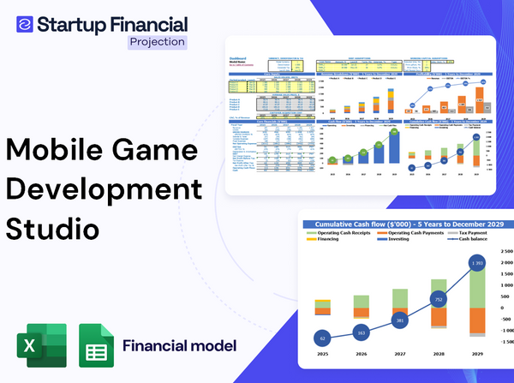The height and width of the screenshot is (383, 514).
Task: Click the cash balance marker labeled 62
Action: [x=321, y=338]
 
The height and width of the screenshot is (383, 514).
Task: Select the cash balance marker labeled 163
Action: [x=361, y=332]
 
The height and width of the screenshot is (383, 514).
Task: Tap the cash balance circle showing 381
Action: [x=399, y=320]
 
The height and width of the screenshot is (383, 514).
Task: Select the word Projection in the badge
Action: [x=156, y=41]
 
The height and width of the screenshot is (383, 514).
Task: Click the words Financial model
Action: [x=179, y=346]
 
